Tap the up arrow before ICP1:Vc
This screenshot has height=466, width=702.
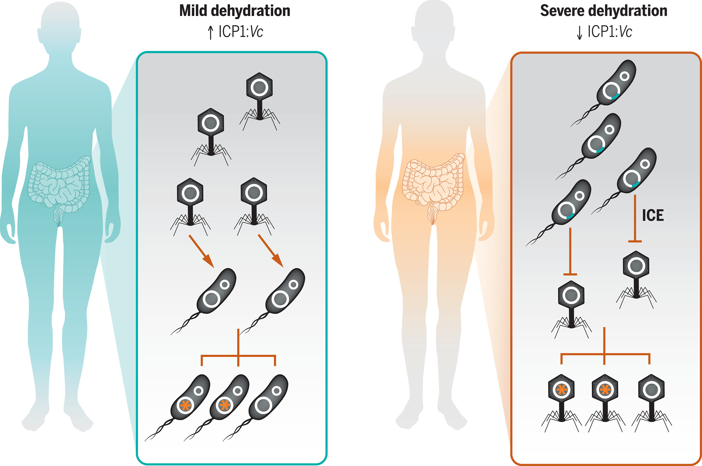coord(211,32)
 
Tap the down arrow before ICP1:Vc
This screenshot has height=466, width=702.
coord(579,32)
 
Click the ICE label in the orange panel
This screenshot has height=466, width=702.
coord(653,215)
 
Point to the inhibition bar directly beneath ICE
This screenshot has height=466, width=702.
coord(635,241)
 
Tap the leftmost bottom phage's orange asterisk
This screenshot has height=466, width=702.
coord(561,389)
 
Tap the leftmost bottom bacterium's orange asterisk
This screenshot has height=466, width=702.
coord(186,405)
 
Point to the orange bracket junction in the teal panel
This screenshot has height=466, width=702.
coord(238,356)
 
